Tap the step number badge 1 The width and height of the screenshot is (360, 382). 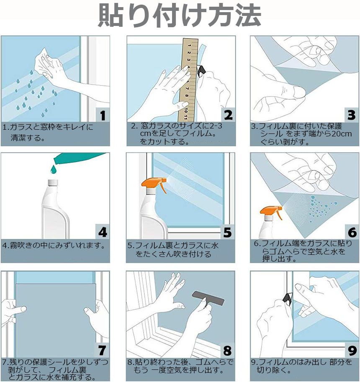103,115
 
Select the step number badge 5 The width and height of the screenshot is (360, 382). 228,232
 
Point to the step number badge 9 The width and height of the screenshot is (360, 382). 352,351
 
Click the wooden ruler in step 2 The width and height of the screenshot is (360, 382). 189,79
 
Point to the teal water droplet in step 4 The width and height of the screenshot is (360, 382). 54,169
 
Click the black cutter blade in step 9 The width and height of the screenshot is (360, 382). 288,299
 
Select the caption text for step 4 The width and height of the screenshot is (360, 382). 54,245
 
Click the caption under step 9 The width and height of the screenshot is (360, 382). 302,366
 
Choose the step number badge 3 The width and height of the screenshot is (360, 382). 352,115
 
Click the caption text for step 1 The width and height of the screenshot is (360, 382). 48,132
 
